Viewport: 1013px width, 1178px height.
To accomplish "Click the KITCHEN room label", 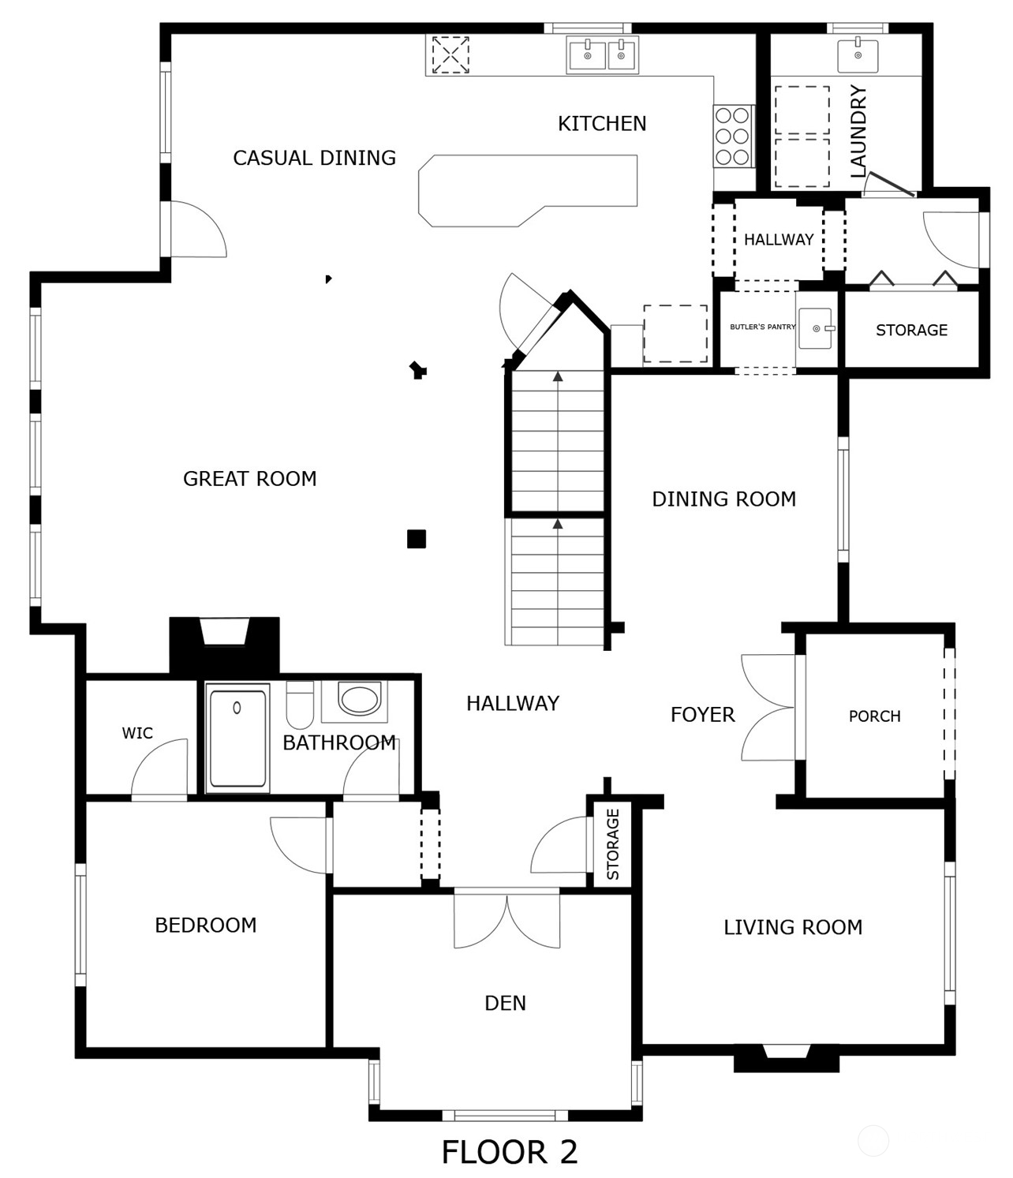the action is [x=602, y=124].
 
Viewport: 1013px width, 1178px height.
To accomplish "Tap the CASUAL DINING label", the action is [x=314, y=158].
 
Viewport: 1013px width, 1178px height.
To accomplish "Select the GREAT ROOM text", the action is [x=249, y=479].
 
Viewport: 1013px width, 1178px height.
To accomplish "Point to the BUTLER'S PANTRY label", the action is [x=762, y=327].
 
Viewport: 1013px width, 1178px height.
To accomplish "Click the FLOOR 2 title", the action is [x=510, y=1152].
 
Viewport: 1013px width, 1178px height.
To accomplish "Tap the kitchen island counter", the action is [x=527, y=190].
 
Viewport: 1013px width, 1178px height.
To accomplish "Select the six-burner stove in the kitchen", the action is [x=733, y=136].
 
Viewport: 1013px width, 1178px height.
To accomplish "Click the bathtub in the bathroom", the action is [x=237, y=738].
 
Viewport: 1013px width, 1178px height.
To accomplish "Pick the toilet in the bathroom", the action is [x=300, y=705].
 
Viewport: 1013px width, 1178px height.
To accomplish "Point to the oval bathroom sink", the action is [x=358, y=697].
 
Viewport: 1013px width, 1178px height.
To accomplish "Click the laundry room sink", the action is [x=858, y=56].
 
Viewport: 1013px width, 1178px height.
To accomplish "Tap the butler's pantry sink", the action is [x=816, y=328].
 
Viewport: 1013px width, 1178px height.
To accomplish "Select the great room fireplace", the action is [x=225, y=645].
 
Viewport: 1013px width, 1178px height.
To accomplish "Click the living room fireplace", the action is [x=787, y=1058].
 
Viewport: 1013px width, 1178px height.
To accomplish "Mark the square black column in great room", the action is [x=417, y=539].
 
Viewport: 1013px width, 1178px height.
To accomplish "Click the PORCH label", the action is [x=875, y=716].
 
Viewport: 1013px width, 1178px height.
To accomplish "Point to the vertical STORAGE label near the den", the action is [x=613, y=844].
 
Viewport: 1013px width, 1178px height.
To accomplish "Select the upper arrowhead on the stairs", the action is [x=558, y=376].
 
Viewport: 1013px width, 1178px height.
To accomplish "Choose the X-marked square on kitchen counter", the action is [x=450, y=54].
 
